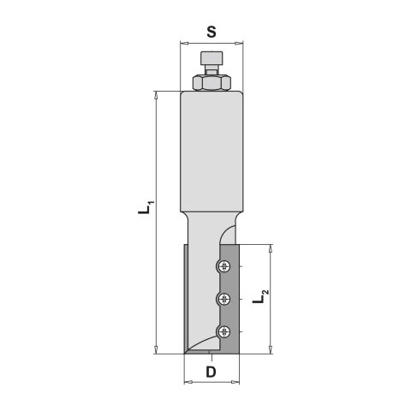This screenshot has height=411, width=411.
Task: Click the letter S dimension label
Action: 211,31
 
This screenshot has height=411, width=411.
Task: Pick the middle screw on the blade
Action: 224,298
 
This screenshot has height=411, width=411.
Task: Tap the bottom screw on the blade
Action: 224,331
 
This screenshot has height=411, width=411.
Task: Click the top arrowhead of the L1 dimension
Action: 157,92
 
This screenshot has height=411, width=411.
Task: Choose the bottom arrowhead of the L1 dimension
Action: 157,349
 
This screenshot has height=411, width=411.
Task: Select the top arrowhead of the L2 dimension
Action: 272,247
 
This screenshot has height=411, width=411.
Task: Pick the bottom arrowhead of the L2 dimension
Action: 272,349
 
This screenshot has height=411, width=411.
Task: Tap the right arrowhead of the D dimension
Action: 237,382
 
